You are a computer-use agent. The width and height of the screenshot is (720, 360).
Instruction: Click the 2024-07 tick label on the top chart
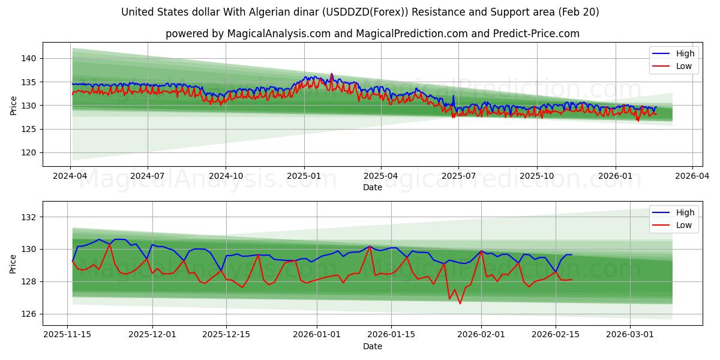coord(148,176)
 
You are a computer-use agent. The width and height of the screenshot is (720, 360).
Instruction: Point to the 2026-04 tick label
coord(692,176)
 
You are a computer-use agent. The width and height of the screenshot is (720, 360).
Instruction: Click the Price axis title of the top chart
coord(13,106)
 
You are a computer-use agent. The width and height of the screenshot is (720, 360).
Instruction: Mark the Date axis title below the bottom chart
coord(372,346)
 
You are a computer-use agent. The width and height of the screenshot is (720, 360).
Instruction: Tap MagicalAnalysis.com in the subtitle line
coord(278,34)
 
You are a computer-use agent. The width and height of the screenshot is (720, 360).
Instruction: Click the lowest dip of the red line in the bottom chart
coord(460,304)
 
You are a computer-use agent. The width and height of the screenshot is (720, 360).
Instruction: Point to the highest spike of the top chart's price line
coord(331,74)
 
